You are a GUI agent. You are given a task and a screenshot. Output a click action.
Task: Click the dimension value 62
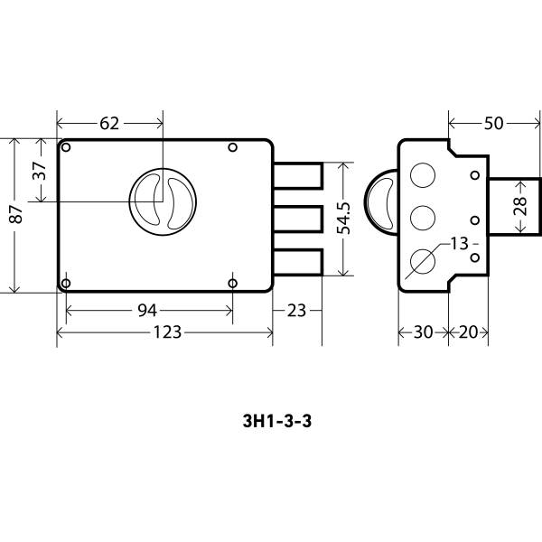click(x=109, y=124)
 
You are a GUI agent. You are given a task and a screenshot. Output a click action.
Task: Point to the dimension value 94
click(x=147, y=311)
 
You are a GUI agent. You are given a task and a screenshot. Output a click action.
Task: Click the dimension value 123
click(x=165, y=332)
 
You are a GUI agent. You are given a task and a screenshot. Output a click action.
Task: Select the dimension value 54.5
click(x=344, y=219)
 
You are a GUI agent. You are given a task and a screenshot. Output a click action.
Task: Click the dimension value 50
click(x=493, y=124)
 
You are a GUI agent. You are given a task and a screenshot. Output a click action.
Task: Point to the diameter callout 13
click(x=460, y=244)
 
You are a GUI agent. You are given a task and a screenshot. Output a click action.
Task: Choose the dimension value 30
click(x=423, y=332)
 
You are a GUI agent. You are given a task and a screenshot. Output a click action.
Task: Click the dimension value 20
click(x=468, y=332)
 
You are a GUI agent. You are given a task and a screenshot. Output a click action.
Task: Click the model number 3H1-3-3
click(x=272, y=420)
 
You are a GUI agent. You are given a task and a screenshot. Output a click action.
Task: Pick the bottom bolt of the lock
click(x=299, y=261)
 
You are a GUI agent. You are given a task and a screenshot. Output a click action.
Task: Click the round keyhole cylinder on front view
click(x=163, y=201)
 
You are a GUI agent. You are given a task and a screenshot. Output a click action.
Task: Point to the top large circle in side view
click(x=422, y=175)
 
